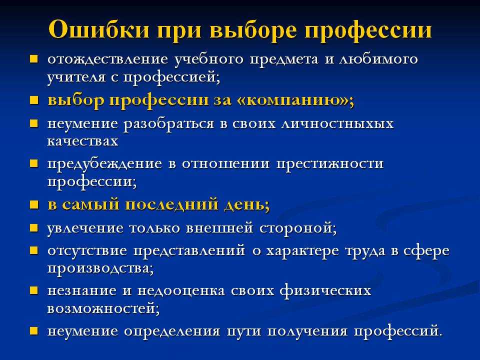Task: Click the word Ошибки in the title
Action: (x=99, y=30)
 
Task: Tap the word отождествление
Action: (x=108, y=59)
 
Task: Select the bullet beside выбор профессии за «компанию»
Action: (x=33, y=100)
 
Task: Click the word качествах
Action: (x=83, y=141)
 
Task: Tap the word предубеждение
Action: (x=104, y=164)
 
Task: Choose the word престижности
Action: (x=330, y=164)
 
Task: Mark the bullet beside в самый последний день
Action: (x=33, y=204)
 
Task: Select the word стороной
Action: (x=298, y=228)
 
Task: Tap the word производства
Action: (x=100, y=269)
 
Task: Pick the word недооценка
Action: (x=181, y=291)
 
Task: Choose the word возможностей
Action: (x=103, y=308)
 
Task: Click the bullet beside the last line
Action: (x=33, y=331)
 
